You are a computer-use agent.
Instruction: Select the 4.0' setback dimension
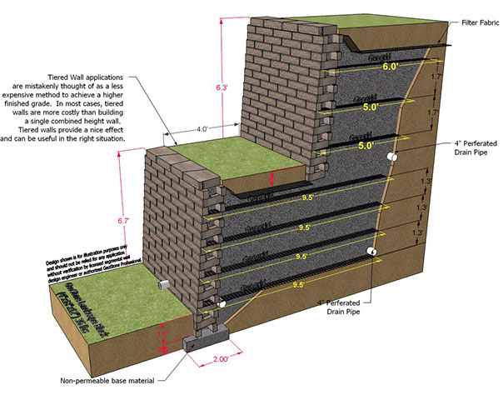click(203, 129)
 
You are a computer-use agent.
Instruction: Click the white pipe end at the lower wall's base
click(222, 306)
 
